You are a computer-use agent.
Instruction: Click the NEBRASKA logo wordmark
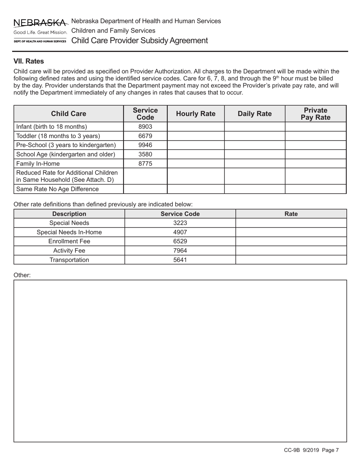click(x=40, y=23)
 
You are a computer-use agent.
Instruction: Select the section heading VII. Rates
click(x=29, y=61)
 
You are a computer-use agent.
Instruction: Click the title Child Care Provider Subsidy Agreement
click(x=139, y=41)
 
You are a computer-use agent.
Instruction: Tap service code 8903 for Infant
click(x=145, y=127)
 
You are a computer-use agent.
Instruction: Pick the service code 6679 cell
click(x=145, y=136)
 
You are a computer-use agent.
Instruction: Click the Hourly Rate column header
click(x=196, y=114)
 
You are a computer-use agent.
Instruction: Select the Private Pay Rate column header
click(x=315, y=114)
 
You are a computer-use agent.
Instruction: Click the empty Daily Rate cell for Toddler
click(x=254, y=136)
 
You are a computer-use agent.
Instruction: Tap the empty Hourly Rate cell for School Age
click(x=196, y=155)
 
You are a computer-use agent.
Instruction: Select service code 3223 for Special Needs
click(x=180, y=223)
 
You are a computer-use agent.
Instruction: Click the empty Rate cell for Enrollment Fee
click(x=291, y=241)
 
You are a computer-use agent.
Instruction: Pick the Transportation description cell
click(x=69, y=260)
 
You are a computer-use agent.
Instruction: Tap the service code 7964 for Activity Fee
click(x=180, y=250)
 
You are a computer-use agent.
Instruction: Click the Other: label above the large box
click(x=22, y=275)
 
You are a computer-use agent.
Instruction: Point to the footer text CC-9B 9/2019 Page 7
click(x=311, y=450)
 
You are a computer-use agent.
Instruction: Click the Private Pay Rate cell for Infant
click(x=315, y=127)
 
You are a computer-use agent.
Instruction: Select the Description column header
click(x=69, y=214)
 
